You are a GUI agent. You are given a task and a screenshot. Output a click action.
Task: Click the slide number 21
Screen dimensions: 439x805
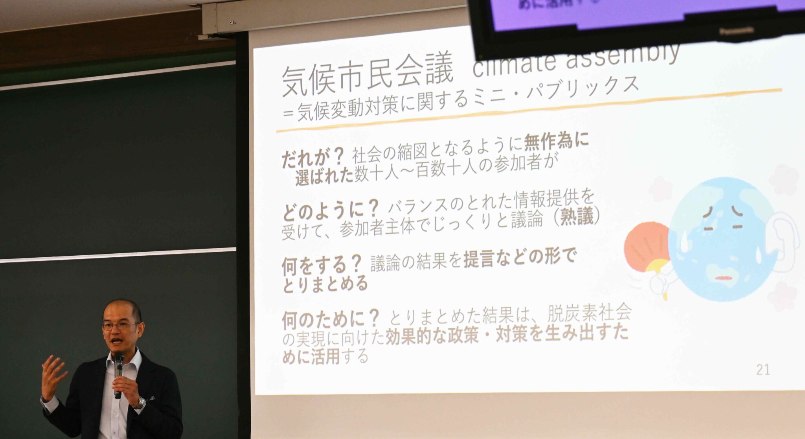coord(763,370)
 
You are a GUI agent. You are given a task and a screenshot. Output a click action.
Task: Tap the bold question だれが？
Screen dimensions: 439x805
coord(313,157)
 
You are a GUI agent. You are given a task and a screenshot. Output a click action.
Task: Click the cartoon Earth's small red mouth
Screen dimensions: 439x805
coord(724,278)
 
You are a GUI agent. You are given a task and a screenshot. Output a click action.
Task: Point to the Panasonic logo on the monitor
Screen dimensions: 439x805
coord(736,30)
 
